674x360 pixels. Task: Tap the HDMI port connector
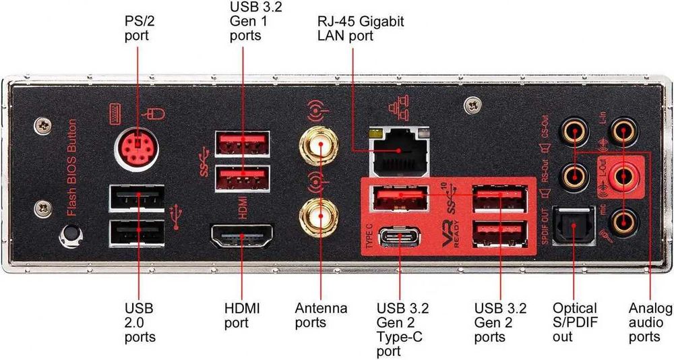click(x=242, y=238)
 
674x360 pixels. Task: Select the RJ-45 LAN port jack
click(x=400, y=151)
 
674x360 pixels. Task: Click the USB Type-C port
click(x=400, y=237)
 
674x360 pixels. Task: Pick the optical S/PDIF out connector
click(x=572, y=225)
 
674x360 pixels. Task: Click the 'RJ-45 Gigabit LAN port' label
click(x=361, y=28)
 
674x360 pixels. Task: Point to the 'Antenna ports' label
click(x=321, y=316)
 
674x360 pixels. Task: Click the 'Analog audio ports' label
click(x=649, y=322)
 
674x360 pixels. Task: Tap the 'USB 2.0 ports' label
click(x=140, y=322)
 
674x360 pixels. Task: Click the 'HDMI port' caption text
click(x=241, y=316)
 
